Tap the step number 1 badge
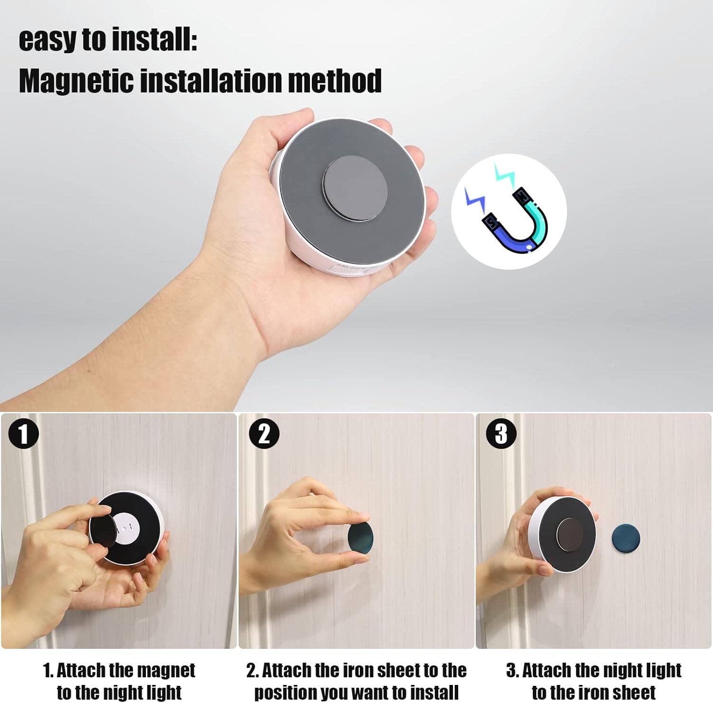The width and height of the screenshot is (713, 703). pos(23,434)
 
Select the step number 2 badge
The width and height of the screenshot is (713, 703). pos(264,434)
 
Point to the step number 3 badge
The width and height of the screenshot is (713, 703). pos(501,434)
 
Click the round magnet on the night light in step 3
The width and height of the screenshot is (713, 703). pos(569,534)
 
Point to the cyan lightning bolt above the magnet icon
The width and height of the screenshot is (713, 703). pos(504,175)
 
